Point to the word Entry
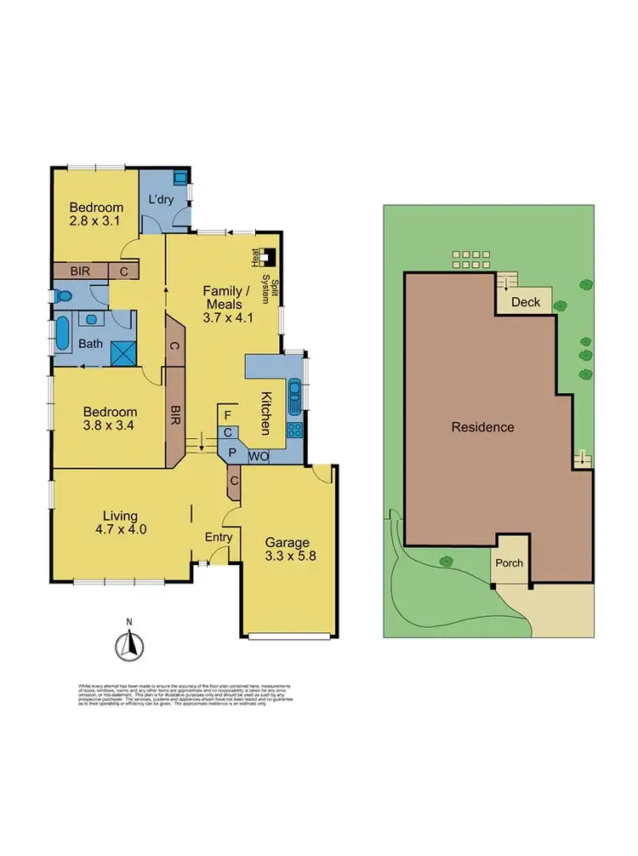point(219,537)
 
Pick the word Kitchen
point(265,411)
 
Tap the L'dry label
point(161,199)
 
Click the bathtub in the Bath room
point(64,335)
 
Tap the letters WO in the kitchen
point(259,457)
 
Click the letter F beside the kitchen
point(227,414)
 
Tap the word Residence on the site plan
point(482,427)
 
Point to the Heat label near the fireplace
point(254,255)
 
